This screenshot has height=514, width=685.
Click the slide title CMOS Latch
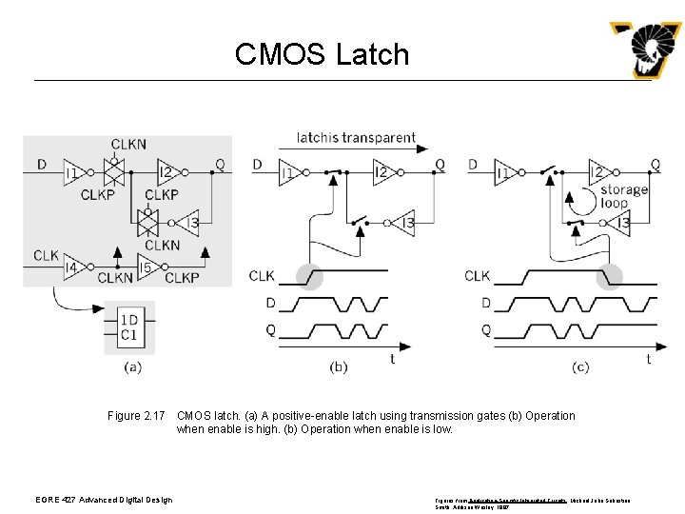(x=322, y=54)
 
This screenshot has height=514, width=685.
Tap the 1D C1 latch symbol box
(x=128, y=327)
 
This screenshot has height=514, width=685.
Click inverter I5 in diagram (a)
(x=146, y=268)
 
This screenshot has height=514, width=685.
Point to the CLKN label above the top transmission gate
(x=128, y=145)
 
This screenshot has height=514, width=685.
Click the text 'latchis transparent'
(x=356, y=137)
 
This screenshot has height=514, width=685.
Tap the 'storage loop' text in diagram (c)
(x=624, y=196)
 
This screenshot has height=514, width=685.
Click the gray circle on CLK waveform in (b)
(x=309, y=276)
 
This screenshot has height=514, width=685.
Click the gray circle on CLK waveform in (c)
(x=609, y=276)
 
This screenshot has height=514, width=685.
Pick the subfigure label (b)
(x=338, y=366)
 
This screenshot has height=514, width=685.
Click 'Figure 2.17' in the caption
(x=137, y=416)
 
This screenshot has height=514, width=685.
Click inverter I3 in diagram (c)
(x=621, y=224)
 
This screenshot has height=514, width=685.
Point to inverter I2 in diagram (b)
(x=382, y=172)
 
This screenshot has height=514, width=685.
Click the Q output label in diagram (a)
(x=220, y=165)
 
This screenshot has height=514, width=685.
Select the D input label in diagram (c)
(x=473, y=165)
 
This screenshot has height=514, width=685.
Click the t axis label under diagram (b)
(x=392, y=359)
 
